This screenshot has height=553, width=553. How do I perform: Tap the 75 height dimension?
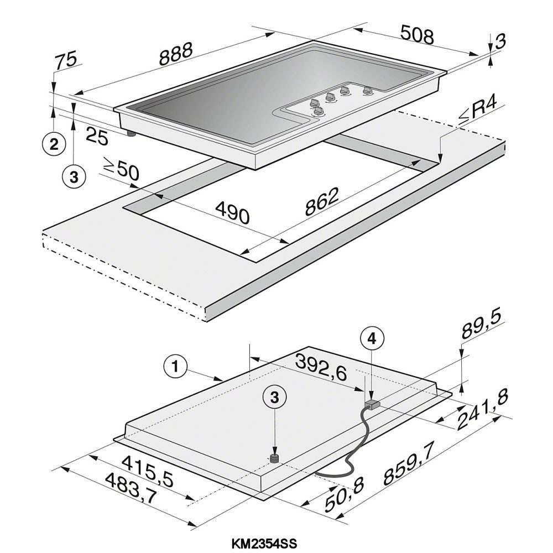coord(66,60)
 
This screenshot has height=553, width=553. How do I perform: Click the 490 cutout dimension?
coord(232,212)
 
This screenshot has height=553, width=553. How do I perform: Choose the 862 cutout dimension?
coord(321,201)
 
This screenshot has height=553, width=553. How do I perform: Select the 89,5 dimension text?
coord(482,326)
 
